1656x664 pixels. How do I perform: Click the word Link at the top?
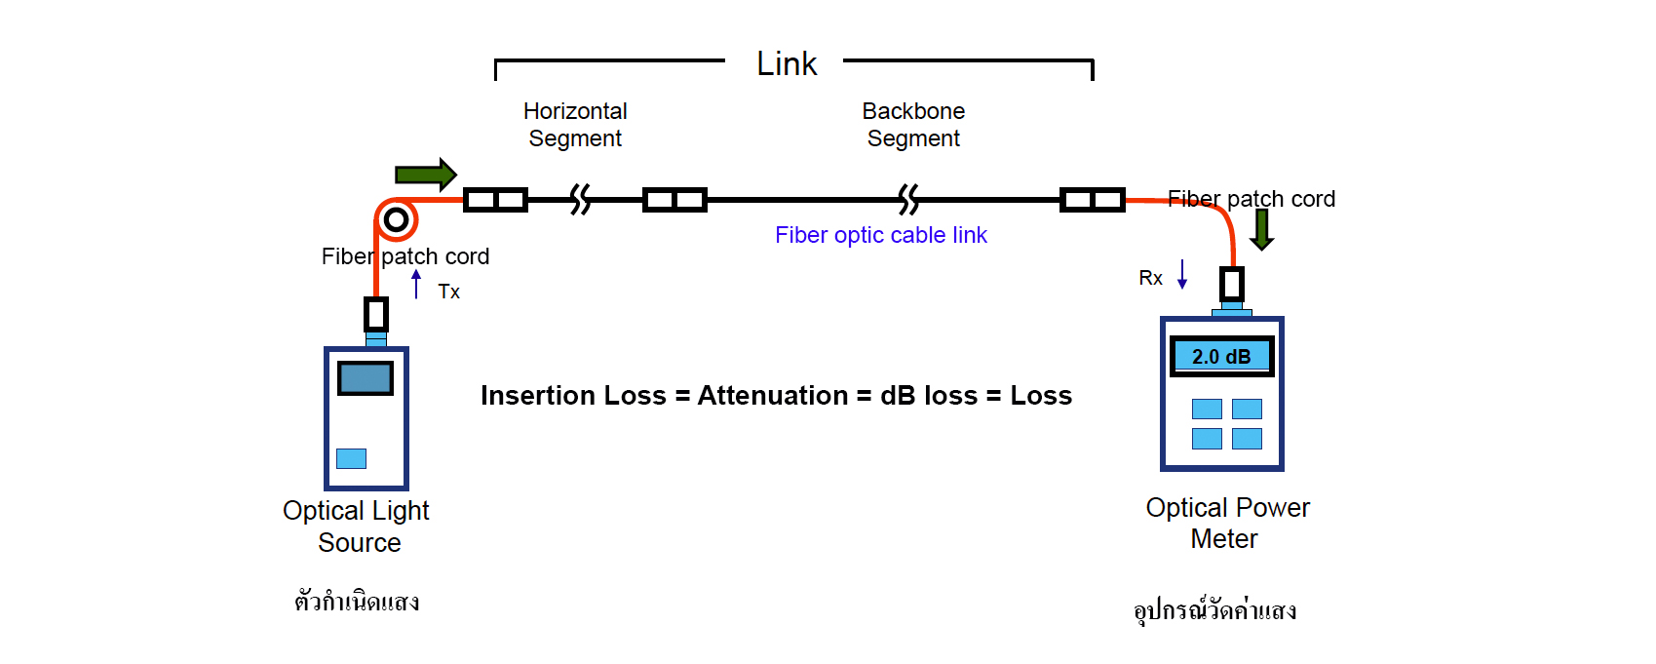pyautogui.click(x=787, y=64)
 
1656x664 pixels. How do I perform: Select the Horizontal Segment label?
pyautogui.click(x=575, y=125)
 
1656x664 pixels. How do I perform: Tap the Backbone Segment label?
pyautogui.click(x=913, y=125)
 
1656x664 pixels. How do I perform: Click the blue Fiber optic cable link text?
pyautogui.click(x=880, y=235)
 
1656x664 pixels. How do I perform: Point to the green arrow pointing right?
pyautogui.click(x=425, y=175)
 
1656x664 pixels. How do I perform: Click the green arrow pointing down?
pyautogui.click(x=1262, y=229)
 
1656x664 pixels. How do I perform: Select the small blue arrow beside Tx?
pyautogui.click(x=416, y=284)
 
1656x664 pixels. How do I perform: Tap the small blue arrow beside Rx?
pyautogui.click(x=1182, y=274)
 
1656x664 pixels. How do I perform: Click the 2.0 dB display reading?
pyautogui.click(x=1221, y=357)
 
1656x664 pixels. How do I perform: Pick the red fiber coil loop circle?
pyautogui.click(x=396, y=219)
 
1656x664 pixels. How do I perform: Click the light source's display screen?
pyautogui.click(x=366, y=378)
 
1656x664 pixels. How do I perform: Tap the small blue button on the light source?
pyautogui.click(x=351, y=458)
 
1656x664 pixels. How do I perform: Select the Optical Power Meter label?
pyautogui.click(x=1227, y=523)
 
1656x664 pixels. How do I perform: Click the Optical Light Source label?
pyautogui.click(x=357, y=527)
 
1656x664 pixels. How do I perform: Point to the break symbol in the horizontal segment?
pyautogui.click(x=581, y=200)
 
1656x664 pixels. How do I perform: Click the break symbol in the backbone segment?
pyautogui.click(x=908, y=200)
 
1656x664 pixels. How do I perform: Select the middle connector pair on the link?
pyautogui.click(x=674, y=200)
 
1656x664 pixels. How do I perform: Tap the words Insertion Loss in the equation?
pyautogui.click(x=573, y=396)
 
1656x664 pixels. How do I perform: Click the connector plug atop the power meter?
pyautogui.click(x=1232, y=285)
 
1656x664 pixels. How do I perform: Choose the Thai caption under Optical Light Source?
pyautogui.click(x=357, y=602)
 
